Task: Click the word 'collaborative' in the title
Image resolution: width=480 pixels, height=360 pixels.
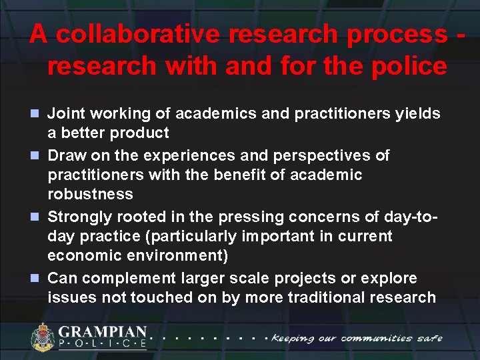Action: [133, 35]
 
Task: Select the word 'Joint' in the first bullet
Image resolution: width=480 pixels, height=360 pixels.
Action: [66, 114]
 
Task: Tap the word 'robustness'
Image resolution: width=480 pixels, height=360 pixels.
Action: [90, 194]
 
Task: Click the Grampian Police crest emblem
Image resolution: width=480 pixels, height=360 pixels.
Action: [43, 337]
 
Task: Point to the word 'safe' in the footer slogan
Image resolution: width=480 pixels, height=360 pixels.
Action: [429, 338]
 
